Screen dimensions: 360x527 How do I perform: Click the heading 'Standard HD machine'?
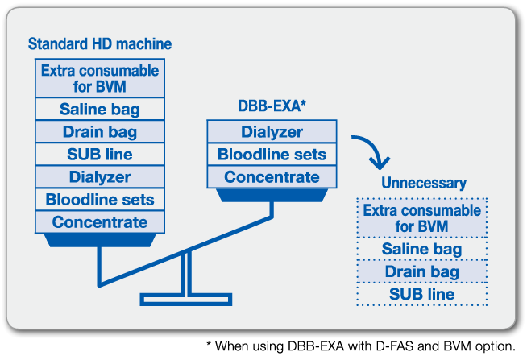coord(100,43)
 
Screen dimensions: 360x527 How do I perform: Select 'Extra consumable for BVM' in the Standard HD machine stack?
coord(100,78)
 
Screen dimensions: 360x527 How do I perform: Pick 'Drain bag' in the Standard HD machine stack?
coord(100,132)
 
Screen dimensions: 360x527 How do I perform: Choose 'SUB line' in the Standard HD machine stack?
coord(100,155)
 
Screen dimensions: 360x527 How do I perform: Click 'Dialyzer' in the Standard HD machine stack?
coord(100,176)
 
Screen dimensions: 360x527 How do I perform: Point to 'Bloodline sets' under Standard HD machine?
coord(100,199)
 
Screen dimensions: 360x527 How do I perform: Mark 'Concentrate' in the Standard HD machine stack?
coord(100,221)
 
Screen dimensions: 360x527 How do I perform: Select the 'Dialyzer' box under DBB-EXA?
coord(272,132)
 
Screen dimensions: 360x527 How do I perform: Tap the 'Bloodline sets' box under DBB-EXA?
coord(272,155)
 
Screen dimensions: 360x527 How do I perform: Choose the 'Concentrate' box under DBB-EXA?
coord(272,177)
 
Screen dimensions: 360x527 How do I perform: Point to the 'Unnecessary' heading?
coord(423,183)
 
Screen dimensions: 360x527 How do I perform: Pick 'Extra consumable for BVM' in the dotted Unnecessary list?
coord(422,218)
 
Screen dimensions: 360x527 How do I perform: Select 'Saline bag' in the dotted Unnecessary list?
coord(422,250)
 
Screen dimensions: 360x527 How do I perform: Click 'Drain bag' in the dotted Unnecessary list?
coord(422,272)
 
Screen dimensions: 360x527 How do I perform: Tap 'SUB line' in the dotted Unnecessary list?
coord(422,295)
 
